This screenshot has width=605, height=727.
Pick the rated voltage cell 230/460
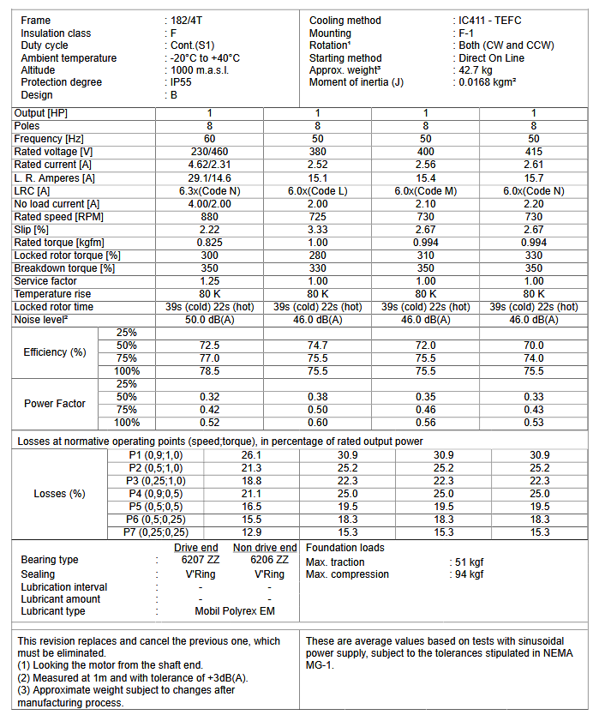[x=210, y=152]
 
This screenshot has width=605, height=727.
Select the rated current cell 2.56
[x=426, y=165]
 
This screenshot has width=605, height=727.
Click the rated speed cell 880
[x=210, y=216]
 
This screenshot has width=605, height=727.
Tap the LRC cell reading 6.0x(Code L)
[x=318, y=190]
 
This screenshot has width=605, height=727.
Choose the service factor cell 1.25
[x=210, y=280]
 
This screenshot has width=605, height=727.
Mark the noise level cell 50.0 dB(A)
[x=210, y=319]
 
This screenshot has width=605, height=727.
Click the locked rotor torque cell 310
[x=426, y=255]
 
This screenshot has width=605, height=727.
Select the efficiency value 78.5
[x=210, y=371]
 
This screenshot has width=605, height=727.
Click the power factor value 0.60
[x=318, y=423]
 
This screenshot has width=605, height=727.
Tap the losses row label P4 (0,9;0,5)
[x=155, y=494]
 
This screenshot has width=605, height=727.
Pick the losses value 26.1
[x=251, y=455]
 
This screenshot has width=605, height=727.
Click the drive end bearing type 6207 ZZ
[x=196, y=560]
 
